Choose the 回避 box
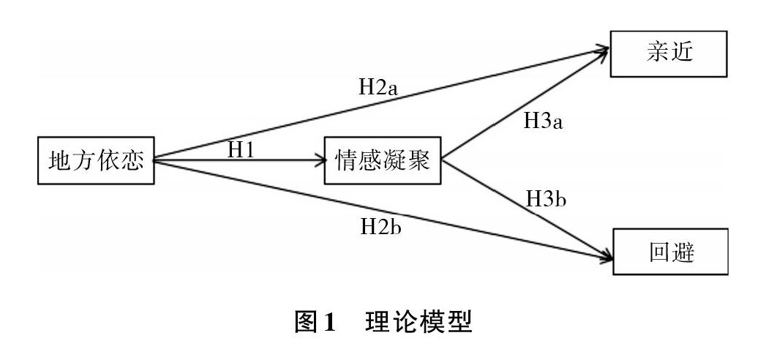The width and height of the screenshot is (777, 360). pyautogui.click(x=671, y=252)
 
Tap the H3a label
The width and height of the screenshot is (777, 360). pyautogui.click(x=544, y=119)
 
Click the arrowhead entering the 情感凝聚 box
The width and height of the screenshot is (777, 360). pyautogui.click(x=320, y=159)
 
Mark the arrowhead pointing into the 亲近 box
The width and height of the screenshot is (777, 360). pyautogui.click(x=604, y=50)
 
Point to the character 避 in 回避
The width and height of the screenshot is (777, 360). pyautogui.click(x=686, y=252)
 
